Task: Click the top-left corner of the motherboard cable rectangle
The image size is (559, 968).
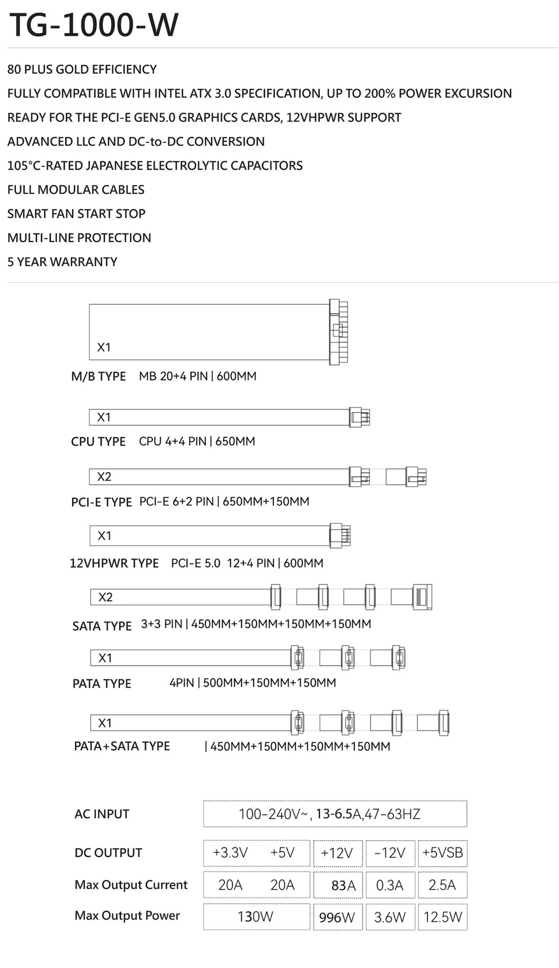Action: point(89,304)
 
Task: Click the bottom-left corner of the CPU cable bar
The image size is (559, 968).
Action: point(89,424)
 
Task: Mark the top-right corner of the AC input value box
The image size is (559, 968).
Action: point(467,801)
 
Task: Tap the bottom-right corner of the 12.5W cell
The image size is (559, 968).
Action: point(467,930)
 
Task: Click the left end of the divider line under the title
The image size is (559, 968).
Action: point(7,48)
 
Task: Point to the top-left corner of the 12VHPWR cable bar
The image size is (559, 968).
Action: point(90,526)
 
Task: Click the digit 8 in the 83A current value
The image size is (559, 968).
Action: point(335,885)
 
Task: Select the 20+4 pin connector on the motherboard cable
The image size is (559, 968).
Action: point(339,332)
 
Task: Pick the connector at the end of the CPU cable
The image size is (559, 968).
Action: point(359,417)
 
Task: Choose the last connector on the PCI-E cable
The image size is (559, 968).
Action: point(416,477)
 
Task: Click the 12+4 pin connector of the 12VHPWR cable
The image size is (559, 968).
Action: point(340,536)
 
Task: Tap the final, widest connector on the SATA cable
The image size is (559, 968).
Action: point(422,597)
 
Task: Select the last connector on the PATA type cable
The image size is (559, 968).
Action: point(398,657)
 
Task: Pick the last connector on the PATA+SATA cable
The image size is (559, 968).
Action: point(444,723)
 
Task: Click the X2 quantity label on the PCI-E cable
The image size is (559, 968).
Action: point(104,477)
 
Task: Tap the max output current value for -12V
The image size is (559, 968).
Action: point(390,885)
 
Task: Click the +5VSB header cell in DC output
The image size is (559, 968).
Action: point(443,853)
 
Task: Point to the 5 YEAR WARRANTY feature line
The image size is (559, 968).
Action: point(62,262)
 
